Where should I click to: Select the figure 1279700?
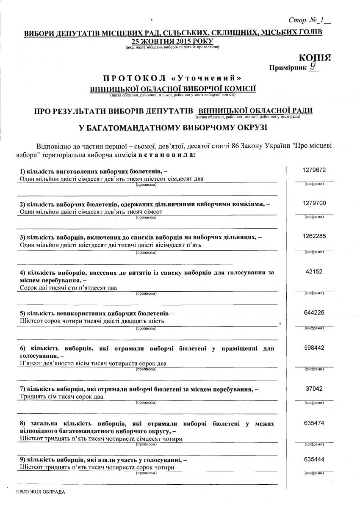point(314,203)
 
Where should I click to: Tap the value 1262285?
point(314,236)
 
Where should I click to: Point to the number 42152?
point(314,273)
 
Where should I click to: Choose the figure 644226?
point(314,312)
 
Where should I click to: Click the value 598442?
point(314,348)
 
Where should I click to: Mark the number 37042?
point(314,388)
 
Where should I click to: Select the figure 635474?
point(314,423)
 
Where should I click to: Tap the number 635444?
point(314,459)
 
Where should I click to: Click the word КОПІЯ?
point(314,58)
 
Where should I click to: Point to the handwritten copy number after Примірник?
point(313,66)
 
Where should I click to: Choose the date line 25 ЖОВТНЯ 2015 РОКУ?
point(173,41)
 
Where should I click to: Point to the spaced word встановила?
point(167,155)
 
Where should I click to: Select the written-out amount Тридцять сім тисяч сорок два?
point(62,397)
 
